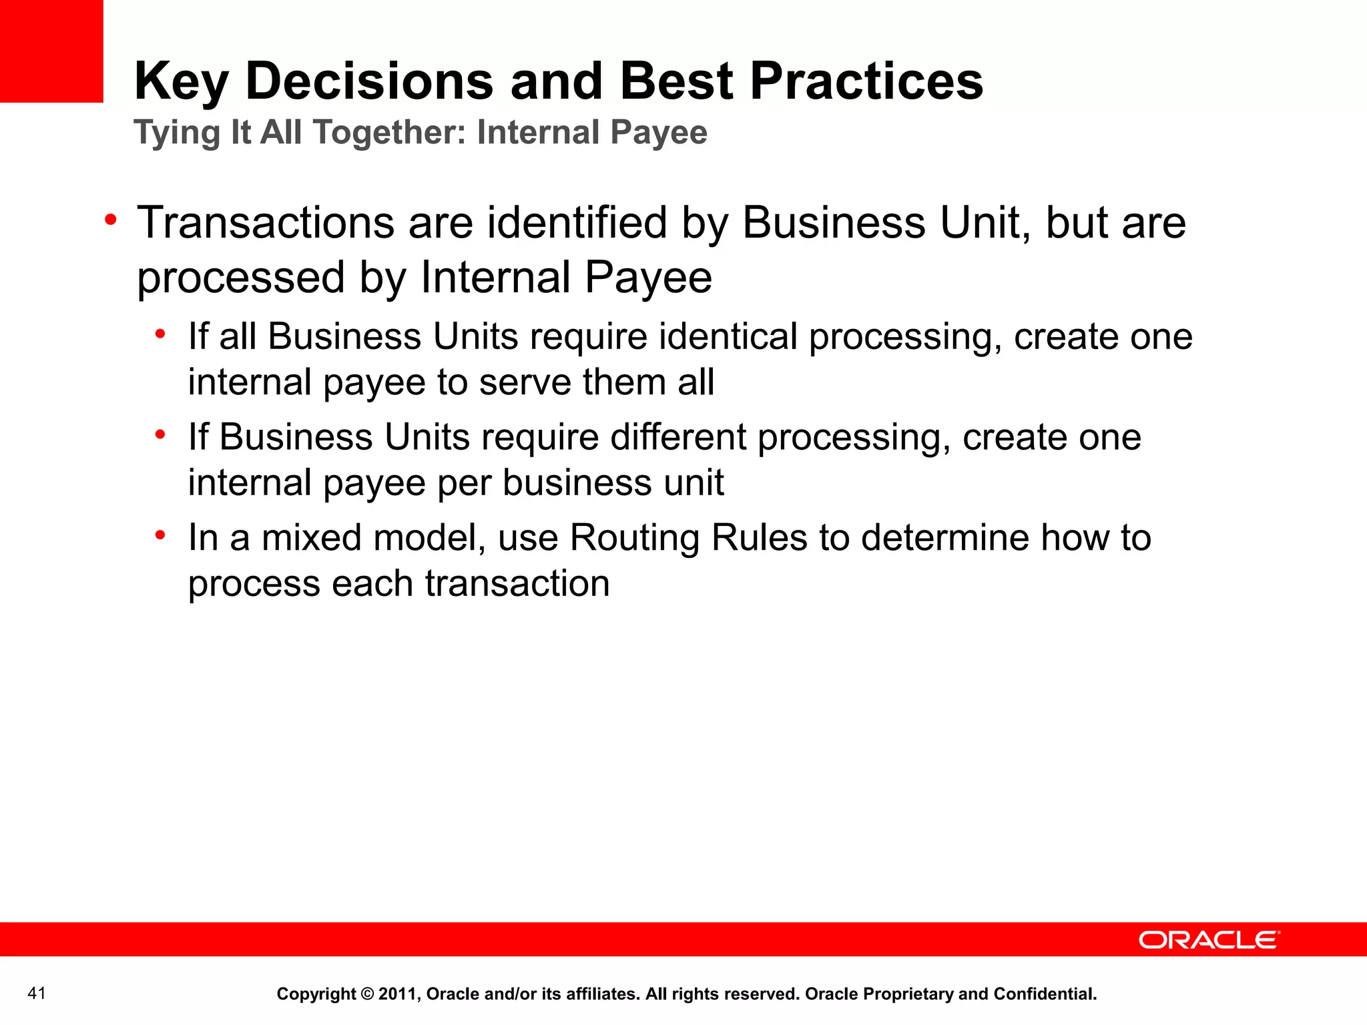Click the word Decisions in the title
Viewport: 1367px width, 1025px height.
click(x=369, y=81)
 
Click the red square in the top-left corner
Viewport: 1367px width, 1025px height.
click(x=51, y=51)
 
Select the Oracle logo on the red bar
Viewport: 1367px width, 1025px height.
click(x=1209, y=940)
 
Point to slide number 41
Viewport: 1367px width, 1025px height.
click(x=37, y=994)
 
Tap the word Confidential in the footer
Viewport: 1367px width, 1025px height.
click(x=1045, y=994)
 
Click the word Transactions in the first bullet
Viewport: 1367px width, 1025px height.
click(x=266, y=222)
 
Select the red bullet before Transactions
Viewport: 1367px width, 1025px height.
click(x=111, y=220)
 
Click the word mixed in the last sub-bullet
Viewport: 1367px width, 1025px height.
click(x=311, y=538)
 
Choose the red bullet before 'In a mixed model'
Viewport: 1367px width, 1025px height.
click(x=160, y=535)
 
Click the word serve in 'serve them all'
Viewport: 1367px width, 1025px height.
click(x=524, y=382)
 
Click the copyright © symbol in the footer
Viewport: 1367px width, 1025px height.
click(x=367, y=994)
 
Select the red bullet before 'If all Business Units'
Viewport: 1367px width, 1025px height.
click(x=160, y=334)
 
